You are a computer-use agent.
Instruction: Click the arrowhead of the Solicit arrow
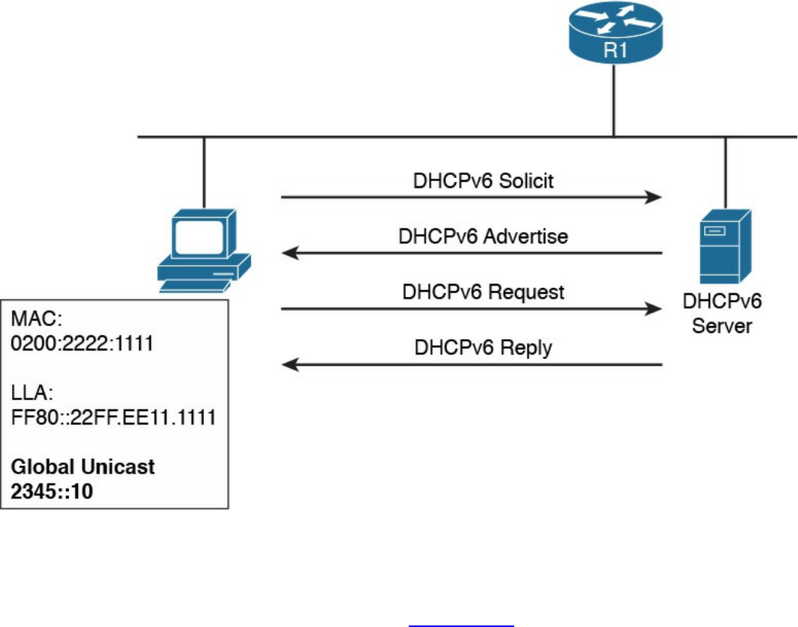[x=654, y=197]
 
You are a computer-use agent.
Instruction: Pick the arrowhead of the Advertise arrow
[x=289, y=254]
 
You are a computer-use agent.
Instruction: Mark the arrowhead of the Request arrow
[x=654, y=309]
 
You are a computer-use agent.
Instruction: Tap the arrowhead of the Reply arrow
[x=289, y=365]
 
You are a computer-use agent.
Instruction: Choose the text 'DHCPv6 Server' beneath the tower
[x=722, y=314]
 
